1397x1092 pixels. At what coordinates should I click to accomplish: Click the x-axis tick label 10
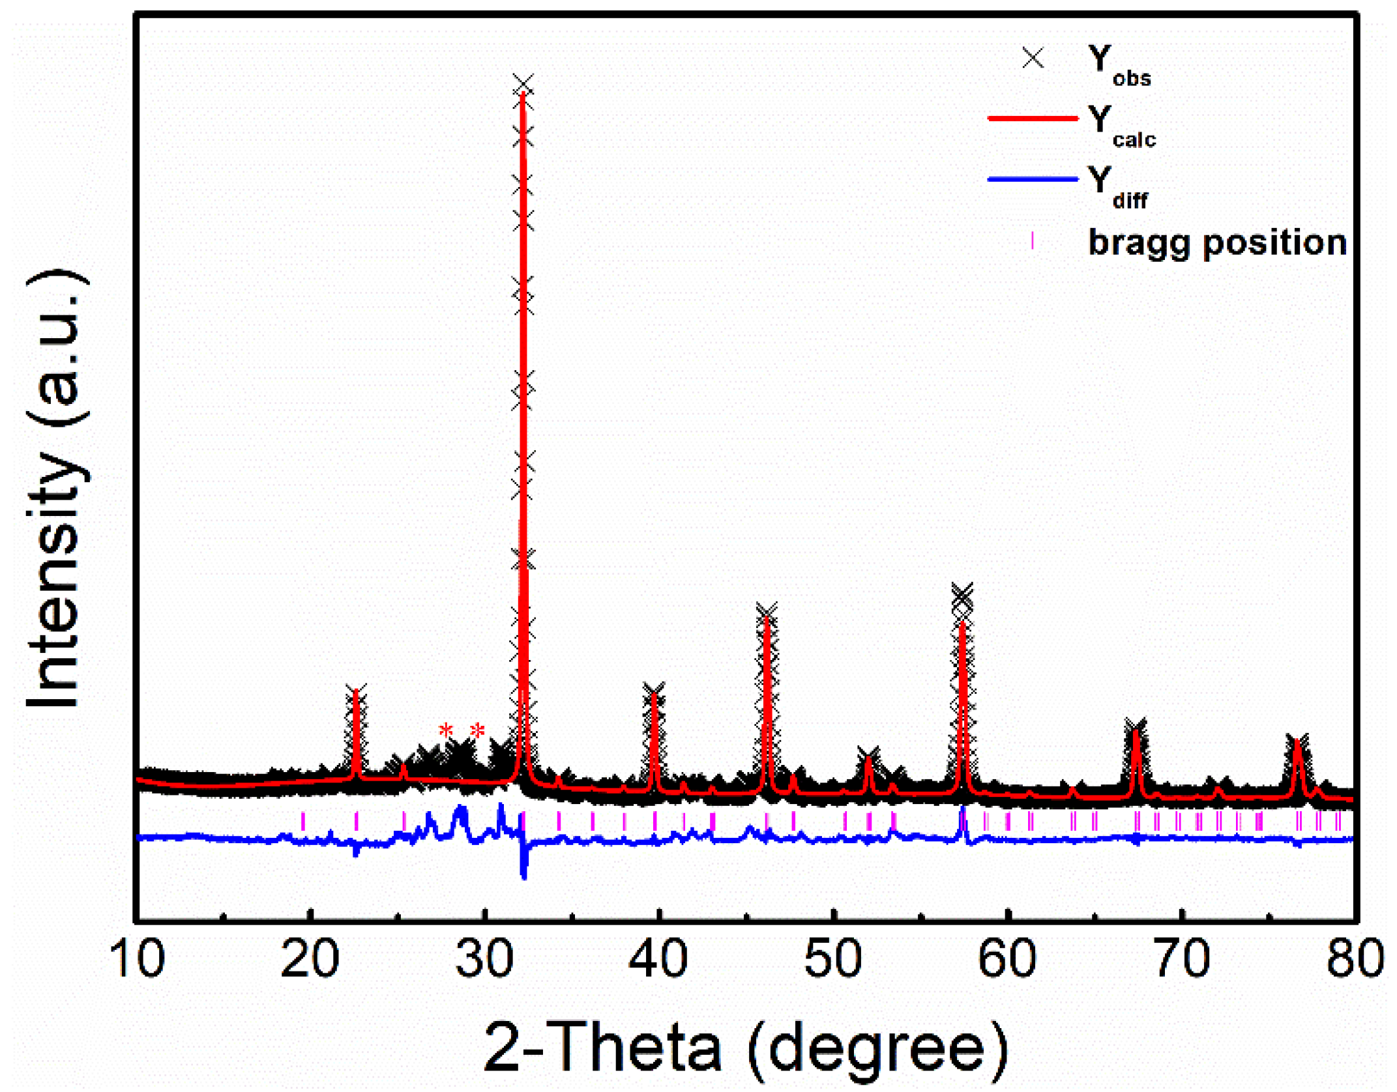coord(137,959)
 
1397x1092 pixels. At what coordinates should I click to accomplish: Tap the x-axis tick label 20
coord(310,959)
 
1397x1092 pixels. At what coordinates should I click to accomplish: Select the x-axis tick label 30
coord(484,959)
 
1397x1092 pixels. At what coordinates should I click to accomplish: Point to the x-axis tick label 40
coord(658,959)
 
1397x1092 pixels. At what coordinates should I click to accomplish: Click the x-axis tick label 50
coord(832,959)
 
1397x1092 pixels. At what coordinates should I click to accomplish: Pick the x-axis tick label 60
coord(1007,959)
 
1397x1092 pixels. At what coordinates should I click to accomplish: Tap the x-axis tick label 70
coord(1181,959)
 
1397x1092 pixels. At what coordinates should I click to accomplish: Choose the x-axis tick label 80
coord(1355,959)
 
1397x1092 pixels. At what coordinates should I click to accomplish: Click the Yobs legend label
coord(1119,65)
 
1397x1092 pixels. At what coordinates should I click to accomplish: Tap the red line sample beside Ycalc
coord(1033,119)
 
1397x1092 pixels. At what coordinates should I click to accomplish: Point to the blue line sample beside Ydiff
coord(1033,179)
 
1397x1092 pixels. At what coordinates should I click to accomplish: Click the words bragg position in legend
coord(1217,243)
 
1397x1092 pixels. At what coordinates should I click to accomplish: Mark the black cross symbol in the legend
coord(1033,58)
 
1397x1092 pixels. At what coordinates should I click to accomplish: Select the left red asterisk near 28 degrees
coord(446,730)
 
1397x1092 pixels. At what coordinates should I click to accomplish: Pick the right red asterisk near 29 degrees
coord(478,730)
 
